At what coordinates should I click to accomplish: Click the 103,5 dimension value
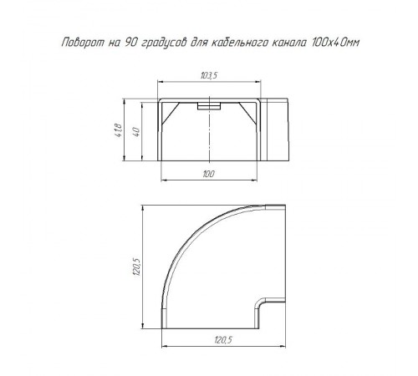point(209,75)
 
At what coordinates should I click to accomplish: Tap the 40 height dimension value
point(136,131)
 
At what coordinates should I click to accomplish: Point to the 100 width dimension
point(208,174)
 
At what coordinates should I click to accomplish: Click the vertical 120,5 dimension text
point(137,267)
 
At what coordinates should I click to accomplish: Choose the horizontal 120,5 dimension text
point(223,340)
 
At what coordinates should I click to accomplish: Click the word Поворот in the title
point(83,43)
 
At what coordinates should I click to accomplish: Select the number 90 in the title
point(131,43)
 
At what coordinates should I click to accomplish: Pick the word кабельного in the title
point(241,43)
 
